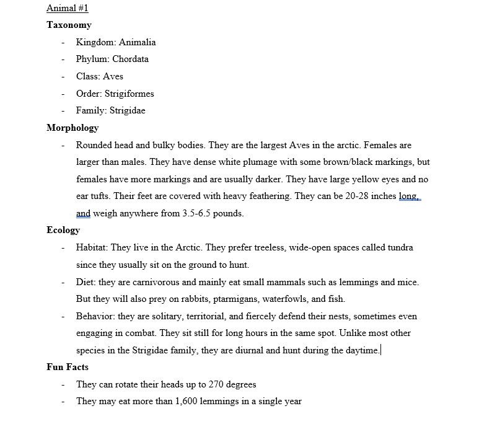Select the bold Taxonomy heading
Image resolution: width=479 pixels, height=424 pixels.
tap(69, 25)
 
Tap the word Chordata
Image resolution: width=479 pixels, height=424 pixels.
tap(130, 60)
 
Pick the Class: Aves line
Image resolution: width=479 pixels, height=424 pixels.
tap(99, 77)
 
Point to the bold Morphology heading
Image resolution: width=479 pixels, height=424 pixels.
tap(73, 128)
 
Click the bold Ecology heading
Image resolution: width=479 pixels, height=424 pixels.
tap(63, 230)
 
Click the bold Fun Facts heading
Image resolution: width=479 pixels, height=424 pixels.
tap(68, 367)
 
